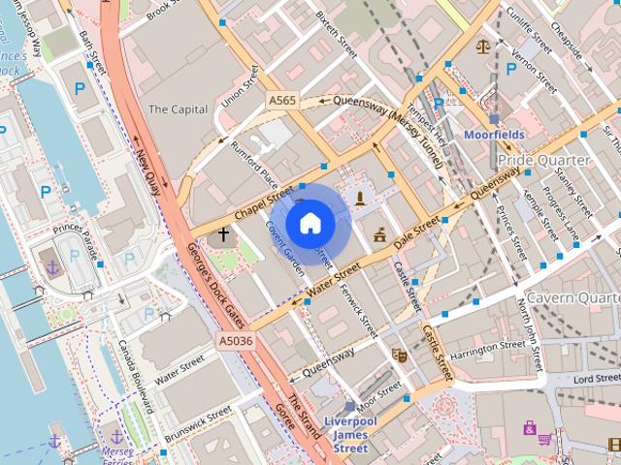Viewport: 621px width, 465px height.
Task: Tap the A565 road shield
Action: click(x=282, y=100)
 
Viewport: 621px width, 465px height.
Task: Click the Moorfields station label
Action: click(x=495, y=135)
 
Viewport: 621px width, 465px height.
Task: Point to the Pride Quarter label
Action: click(x=542, y=159)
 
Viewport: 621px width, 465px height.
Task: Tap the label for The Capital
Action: click(x=177, y=109)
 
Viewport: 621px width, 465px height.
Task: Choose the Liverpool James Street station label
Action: click(x=349, y=434)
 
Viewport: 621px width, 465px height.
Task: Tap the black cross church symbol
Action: click(x=224, y=234)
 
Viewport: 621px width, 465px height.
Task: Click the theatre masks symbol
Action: click(x=398, y=356)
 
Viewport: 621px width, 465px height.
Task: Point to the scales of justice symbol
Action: click(x=482, y=46)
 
